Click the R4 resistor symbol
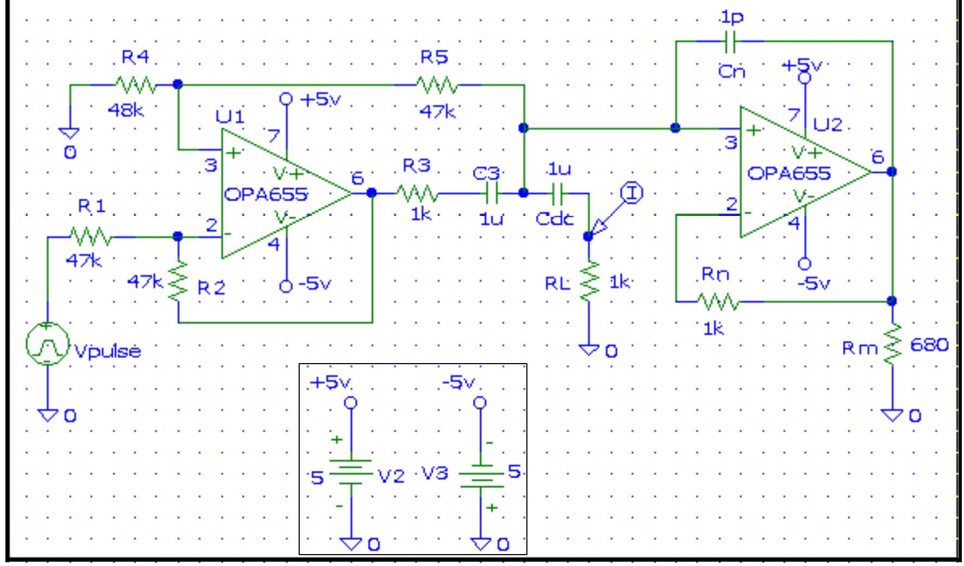(135, 85)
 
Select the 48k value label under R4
(126, 110)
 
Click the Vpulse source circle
(47, 344)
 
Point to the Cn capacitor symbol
(730, 41)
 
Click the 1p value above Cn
(732, 17)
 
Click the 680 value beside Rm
(929, 345)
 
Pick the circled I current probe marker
(631, 193)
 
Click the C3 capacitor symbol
(492, 193)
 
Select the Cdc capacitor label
(554, 219)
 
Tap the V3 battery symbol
(480, 475)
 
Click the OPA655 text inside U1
(265, 194)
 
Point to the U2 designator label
(828, 126)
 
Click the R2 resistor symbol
(179, 281)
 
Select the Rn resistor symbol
(717, 301)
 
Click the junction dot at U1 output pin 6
(372, 193)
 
